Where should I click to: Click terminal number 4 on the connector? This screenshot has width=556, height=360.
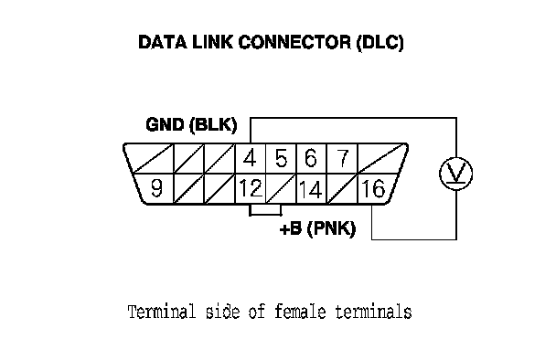[250, 158]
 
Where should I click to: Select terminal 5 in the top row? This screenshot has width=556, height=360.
[281, 158]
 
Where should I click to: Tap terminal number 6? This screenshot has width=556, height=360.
[311, 158]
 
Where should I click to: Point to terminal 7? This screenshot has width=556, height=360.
[343, 158]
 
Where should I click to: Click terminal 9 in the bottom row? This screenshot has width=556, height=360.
[156, 188]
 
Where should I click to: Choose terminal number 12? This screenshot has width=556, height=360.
[251, 188]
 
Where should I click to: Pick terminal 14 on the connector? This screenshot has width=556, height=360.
[311, 189]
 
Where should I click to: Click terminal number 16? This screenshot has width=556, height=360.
[373, 188]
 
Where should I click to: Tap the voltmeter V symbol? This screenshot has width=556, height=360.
[455, 174]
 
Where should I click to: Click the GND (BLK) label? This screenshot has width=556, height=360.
[191, 125]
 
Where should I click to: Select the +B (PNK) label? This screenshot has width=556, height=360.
[317, 228]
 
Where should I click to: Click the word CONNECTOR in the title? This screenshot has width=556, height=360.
[294, 42]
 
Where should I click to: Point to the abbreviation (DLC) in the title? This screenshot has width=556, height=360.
[380, 43]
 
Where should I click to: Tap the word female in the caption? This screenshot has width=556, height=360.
[300, 312]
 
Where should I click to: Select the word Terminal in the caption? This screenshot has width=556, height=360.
[162, 312]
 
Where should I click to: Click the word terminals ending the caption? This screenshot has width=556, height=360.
[373, 312]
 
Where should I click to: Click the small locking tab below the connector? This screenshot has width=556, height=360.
[265, 210]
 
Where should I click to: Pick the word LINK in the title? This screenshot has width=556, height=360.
[212, 42]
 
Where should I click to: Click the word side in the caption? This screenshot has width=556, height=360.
[223, 312]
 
